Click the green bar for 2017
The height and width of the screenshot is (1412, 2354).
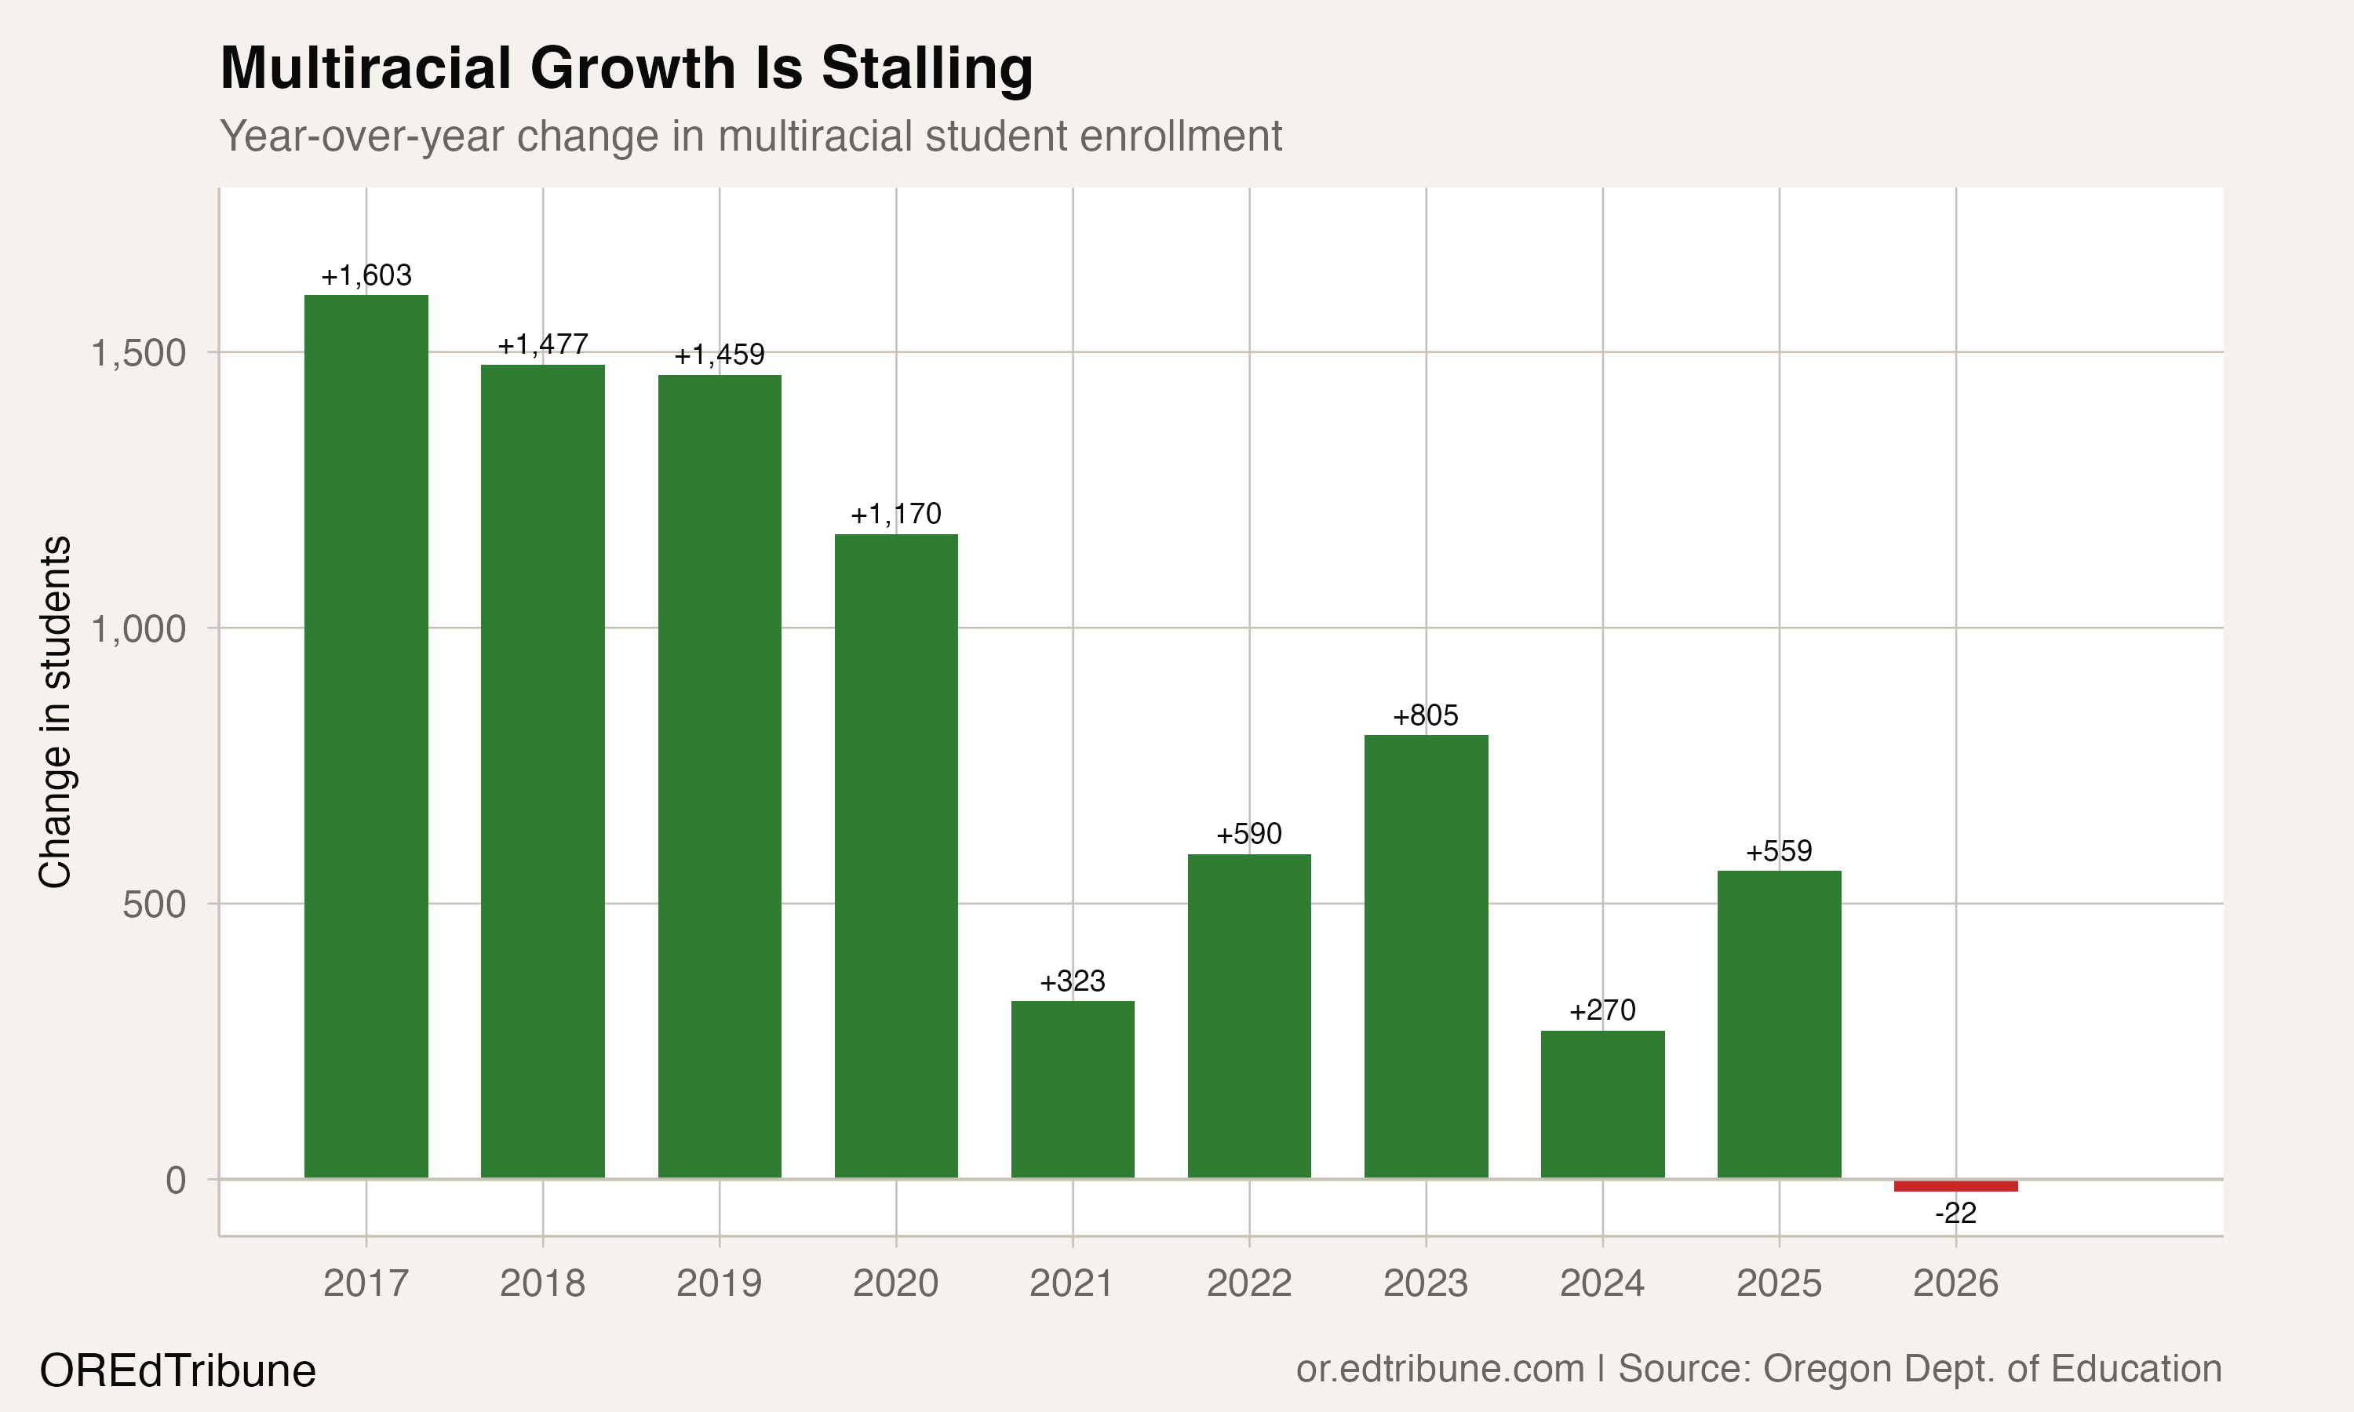tap(366, 737)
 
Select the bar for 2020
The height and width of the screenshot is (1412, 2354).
tap(896, 857)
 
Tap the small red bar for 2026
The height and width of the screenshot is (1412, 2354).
tap(1955, 1185)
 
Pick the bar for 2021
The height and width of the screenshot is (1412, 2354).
tap(1073, 1090)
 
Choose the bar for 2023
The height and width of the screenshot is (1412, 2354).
tap(1425, 956)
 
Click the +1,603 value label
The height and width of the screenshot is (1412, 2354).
tap(366, 276)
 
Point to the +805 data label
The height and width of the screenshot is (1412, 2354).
tap(1425, 715)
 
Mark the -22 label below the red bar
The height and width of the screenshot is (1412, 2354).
tap(1955, 1213)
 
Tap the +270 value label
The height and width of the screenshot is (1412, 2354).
tap(1602, 1010)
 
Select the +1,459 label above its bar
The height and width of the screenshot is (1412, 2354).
tap(720, 355)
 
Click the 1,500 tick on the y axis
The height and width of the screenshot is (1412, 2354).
tap(138, 353)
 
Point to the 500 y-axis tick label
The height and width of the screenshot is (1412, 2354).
tap(154, 904)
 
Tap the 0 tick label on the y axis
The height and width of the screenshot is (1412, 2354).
tap(176, 1180)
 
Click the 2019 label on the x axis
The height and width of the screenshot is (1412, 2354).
tap(720, 1283)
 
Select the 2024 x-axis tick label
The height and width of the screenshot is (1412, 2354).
tap(1602, 1283)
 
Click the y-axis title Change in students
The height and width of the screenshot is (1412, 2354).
tap(55, 711)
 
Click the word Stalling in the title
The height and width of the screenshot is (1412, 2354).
tap(927, 68)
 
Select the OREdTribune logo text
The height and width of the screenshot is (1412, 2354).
tap(178, 1371)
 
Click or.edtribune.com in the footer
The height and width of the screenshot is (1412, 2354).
tap(1440, 1369)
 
